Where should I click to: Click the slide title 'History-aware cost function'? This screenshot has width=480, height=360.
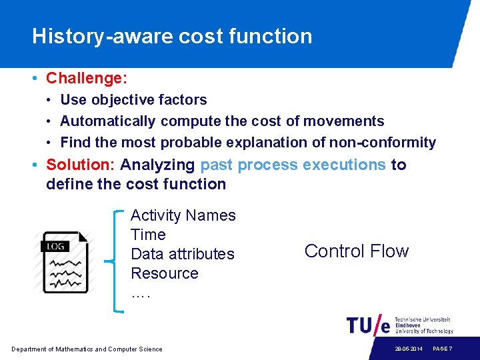172,36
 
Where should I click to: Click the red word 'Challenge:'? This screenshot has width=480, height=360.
86,78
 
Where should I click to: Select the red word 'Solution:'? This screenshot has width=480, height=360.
81,165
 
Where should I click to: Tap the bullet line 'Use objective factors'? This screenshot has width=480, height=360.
133,100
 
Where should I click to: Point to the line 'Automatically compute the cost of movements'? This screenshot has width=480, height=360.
222,121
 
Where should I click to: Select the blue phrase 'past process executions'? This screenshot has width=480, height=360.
293,165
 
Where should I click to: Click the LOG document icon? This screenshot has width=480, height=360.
65,262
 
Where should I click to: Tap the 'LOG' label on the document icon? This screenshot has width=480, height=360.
56,246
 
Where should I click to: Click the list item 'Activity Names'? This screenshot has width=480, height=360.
183,215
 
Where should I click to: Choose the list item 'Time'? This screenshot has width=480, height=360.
148,235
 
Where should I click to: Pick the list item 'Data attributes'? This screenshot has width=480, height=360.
183,254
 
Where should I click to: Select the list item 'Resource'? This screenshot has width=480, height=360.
165,273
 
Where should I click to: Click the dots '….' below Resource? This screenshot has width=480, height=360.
141,293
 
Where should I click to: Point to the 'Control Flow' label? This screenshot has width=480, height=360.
356,251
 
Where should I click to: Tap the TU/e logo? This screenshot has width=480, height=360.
368,325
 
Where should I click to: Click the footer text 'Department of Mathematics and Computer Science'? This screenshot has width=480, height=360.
87,349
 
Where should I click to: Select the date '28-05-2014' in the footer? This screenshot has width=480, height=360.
408,349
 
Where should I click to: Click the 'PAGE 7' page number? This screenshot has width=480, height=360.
443,349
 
